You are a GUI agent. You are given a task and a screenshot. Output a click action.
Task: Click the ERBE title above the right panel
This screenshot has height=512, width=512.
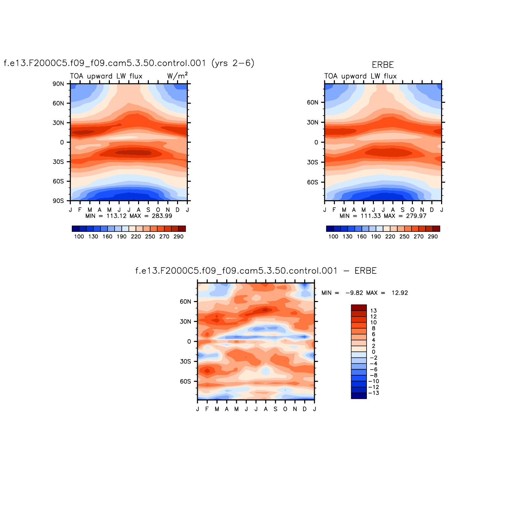(x=383, y=65)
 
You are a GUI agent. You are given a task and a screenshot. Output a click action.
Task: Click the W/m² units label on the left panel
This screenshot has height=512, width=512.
(x=177, y=76)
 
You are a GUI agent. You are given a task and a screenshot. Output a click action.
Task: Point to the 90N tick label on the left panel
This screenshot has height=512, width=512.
(x=58, y=84)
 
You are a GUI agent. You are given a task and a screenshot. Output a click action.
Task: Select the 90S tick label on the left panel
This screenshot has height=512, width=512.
(x=58, y=201)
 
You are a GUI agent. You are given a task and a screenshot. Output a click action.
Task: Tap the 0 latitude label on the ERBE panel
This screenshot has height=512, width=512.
(x=316, y=142)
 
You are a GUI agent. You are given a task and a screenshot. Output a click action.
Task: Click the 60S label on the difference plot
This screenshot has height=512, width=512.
(x=185, y=382)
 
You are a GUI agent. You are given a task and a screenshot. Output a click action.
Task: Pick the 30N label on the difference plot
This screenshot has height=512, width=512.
(x=185, y=322)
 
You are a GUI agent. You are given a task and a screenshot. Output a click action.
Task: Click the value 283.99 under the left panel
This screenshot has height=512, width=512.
(x=162, y=216)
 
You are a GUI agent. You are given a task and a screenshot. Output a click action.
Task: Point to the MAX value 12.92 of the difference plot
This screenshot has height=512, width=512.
(x=399, y=293)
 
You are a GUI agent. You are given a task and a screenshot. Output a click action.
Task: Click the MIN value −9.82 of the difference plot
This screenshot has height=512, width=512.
(x=354, y=293)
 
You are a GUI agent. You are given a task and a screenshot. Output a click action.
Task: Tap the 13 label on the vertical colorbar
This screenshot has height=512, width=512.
(x=373, y=311)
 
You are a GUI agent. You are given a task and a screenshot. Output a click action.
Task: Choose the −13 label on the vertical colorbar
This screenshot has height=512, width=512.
(x=374, y=393)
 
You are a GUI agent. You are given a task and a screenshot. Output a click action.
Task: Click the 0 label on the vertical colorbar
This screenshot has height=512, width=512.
(x=373, y=352)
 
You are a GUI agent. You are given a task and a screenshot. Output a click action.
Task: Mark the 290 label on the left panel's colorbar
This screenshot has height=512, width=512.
(x=178, y=237)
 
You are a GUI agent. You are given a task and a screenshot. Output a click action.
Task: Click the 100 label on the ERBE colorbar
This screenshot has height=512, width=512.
(x=333, y=237)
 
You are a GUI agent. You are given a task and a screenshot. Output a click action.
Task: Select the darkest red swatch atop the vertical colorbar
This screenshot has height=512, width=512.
(x=359, y=308)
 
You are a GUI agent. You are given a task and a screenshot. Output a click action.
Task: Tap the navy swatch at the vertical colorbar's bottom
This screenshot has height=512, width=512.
(x=359, y=396)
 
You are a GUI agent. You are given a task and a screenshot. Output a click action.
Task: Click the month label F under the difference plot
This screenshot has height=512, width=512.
(x=207, y=409)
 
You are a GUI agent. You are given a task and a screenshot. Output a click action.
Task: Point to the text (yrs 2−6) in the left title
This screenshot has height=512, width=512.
(x=233, y=63)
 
